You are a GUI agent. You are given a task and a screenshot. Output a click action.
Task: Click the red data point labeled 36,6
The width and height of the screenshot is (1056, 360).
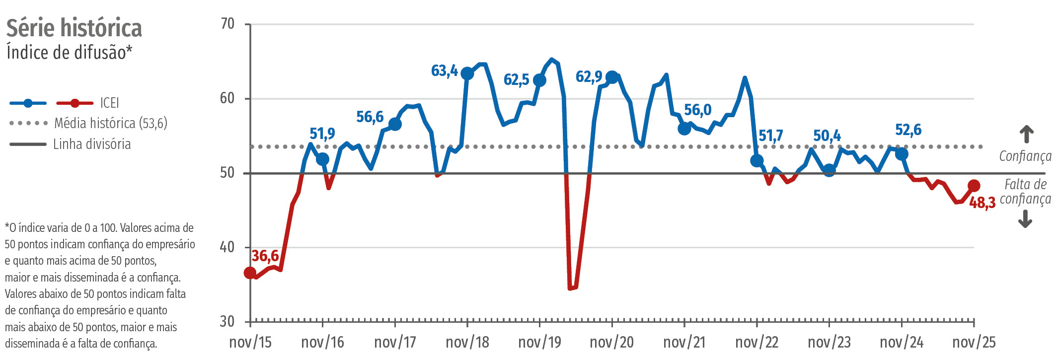250,273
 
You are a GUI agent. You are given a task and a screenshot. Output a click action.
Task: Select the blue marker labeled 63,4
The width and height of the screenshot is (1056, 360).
467,73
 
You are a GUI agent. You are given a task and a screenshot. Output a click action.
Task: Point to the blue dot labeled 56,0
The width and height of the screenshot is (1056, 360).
684,129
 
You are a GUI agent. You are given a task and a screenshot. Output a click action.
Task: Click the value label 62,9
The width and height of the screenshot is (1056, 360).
589,76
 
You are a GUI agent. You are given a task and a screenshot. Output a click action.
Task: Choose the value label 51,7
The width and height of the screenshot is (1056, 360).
770,135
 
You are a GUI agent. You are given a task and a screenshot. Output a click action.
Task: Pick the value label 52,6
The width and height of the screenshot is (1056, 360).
908,130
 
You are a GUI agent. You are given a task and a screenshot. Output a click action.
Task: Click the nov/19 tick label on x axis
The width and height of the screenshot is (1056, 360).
539,342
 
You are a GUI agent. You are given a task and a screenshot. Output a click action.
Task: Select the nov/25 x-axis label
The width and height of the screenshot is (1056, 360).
974,342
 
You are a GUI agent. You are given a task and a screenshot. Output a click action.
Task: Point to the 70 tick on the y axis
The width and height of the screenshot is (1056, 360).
227,23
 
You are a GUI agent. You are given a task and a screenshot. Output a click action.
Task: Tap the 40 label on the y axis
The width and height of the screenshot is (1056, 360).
227,247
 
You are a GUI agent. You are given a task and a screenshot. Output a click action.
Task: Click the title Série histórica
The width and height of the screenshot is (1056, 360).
74,28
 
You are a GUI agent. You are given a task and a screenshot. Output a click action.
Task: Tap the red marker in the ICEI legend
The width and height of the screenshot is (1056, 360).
75,103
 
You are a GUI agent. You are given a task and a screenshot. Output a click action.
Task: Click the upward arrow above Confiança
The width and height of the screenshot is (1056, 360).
1026,134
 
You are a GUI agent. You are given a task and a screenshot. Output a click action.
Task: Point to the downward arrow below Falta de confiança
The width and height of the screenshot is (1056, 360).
1025,218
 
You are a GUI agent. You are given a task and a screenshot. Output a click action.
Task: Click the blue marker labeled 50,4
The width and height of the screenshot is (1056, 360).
829,170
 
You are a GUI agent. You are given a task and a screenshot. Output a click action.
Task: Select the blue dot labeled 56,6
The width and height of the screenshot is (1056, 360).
395,124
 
